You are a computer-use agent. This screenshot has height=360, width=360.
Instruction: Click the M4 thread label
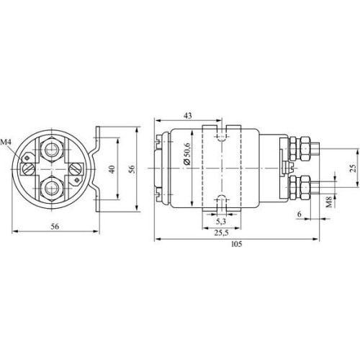[6, 143]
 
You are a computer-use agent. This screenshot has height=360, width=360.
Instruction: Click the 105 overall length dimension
[237, 244]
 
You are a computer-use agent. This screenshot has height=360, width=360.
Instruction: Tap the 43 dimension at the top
[188, 116]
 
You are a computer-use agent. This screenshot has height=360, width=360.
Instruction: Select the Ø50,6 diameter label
[187, 154]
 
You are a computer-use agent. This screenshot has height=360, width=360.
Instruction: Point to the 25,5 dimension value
[221, 233]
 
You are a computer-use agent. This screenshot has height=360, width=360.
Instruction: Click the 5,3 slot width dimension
[221, 221]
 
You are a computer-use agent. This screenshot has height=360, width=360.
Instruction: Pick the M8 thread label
[329, 202]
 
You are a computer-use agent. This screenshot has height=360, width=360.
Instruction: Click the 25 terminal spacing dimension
[353, 168]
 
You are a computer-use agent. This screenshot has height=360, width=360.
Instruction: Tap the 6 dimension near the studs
[300, 214]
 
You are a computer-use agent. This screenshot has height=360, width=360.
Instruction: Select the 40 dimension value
[112, 169]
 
